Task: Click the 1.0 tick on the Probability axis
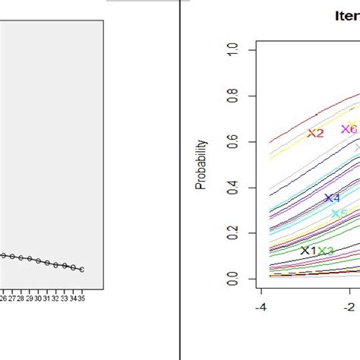click(242, 49)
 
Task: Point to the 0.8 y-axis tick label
click(242, 95)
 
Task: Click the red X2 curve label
click(315, 134)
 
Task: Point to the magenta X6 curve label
click(349, 129)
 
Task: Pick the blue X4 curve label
click(333, 198)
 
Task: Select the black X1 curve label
click(308, 251)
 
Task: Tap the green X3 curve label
click(326, 251)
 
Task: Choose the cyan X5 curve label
click(339, 214)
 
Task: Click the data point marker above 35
click(81, 270)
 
